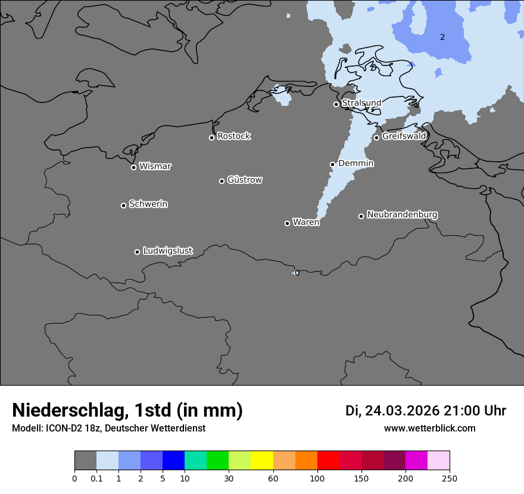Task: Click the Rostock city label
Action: [x=233, y=136]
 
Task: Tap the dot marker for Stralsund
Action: [x=336, y=104]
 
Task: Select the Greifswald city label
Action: [x=404, y=136]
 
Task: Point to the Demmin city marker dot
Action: [x=332, y=164]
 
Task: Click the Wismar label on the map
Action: [x=155, y=167]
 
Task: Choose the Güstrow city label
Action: [x=244, y=180]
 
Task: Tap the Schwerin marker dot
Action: [x=123, y=205]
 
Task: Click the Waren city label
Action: [x=305, y=223]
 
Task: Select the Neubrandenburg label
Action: [x=402, y=215]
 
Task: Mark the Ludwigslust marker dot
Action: [x=137, y=252]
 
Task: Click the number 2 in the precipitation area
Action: [x=442, y=37]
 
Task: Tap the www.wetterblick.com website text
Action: [x=429, y=429]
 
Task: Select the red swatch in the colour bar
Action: [x=328, y=461]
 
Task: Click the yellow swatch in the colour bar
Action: [x=262, y=461]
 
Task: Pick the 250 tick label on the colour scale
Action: [x=450, y=479]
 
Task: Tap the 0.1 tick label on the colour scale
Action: [x=96, y=479]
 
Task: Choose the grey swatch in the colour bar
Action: [x=85, y=461]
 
